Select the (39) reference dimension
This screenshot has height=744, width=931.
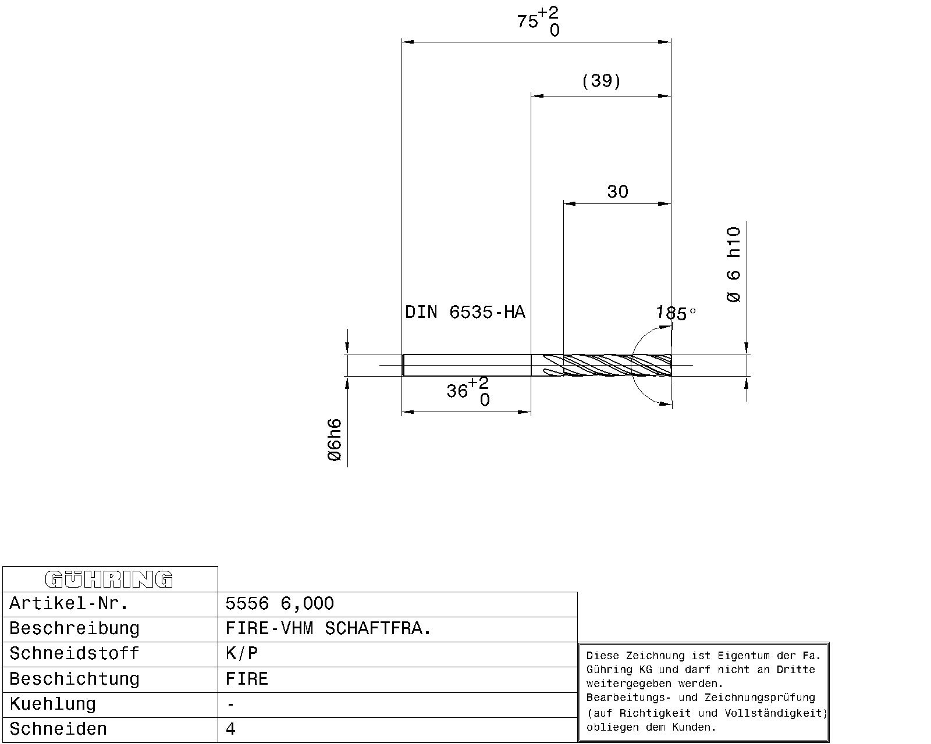[601, 81]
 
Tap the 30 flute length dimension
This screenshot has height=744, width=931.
[617, 191]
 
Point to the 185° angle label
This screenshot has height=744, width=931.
[676, 313]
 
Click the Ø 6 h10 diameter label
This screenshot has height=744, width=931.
[734, 264]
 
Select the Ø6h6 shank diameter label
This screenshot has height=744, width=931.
[335, 439]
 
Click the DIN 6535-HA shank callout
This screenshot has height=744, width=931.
[465, 312]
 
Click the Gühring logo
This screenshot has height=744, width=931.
[109, 580]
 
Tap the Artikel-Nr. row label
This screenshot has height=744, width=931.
[69, 603]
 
